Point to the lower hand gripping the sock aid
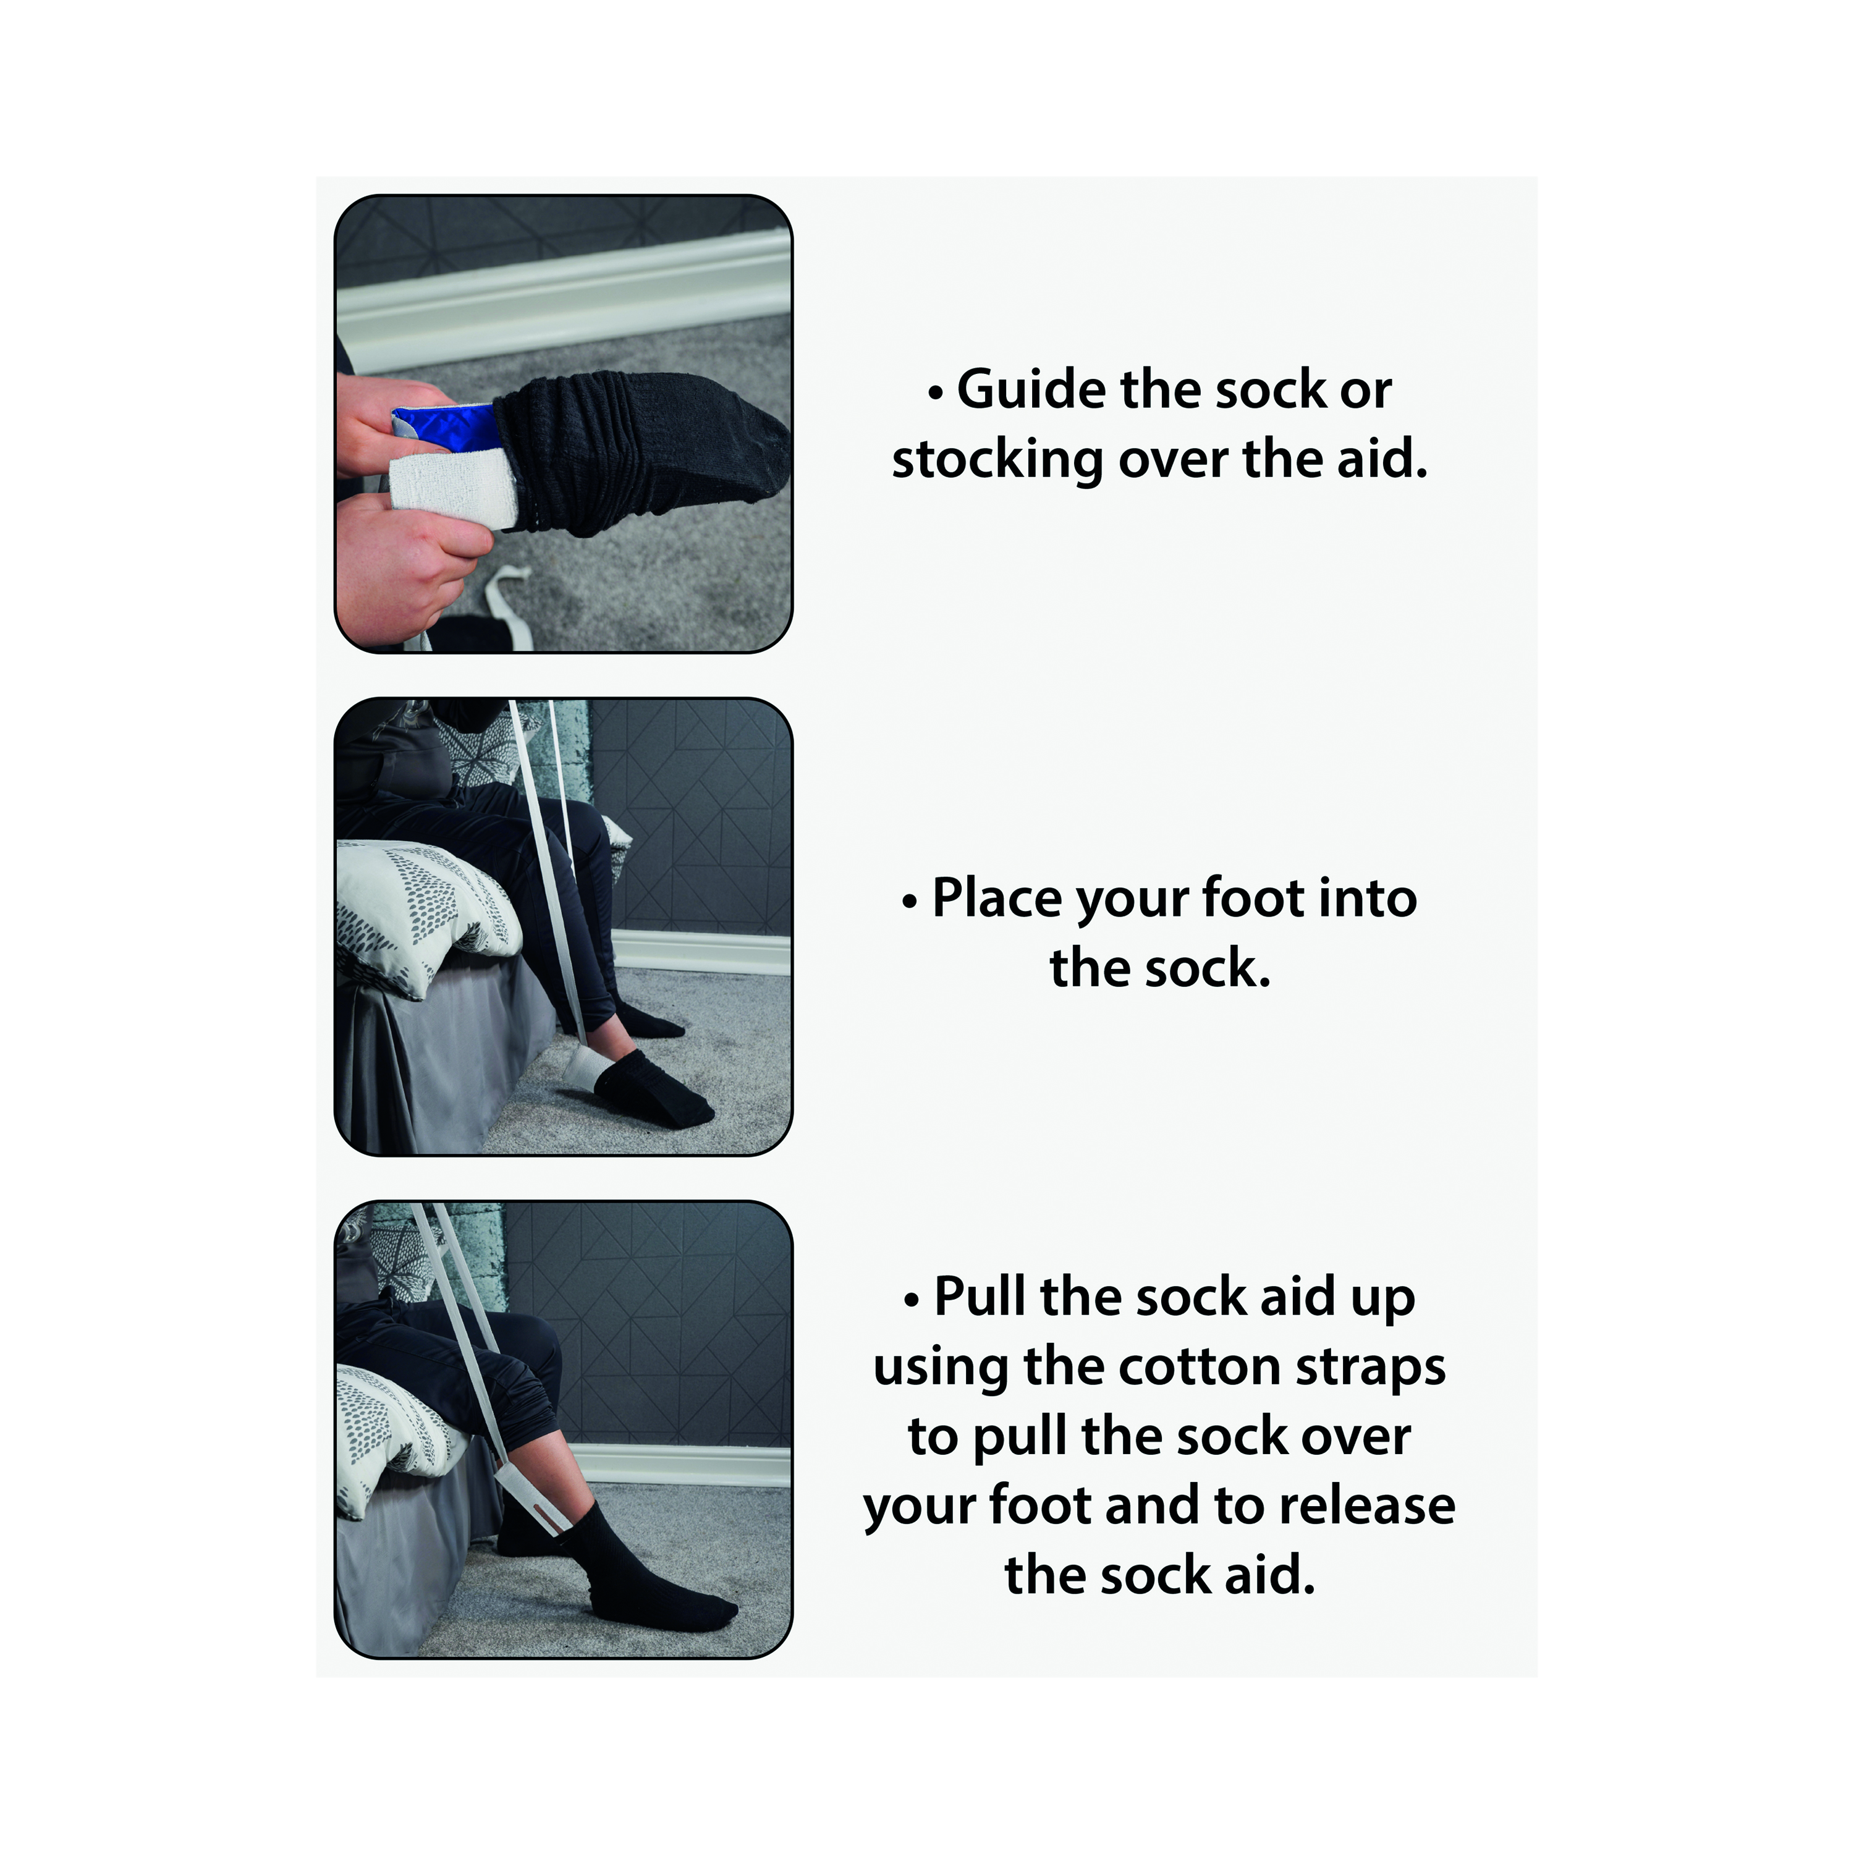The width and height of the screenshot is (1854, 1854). (x=408, y=566)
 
